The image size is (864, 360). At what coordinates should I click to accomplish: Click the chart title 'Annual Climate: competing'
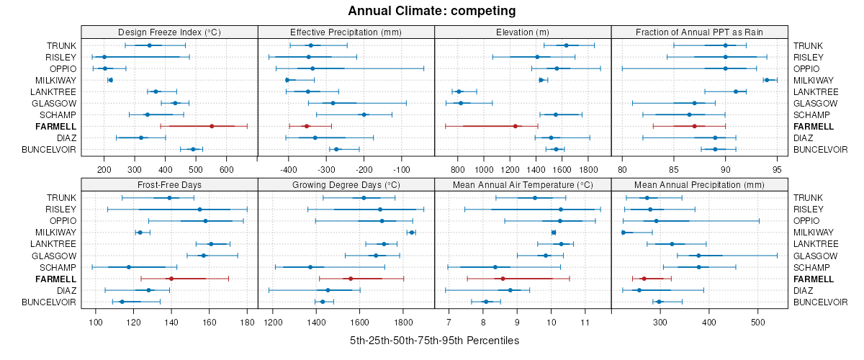pos(432,11)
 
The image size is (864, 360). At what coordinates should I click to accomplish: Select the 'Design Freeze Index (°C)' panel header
pos(169,32)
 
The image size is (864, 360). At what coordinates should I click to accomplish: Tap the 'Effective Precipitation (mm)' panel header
pos(346,32)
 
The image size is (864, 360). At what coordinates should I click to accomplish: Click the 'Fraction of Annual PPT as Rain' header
pos(699,32)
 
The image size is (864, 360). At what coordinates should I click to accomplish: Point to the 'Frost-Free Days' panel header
pos(169,184)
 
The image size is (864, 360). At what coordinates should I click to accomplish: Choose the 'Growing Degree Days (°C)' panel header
pos(346,184)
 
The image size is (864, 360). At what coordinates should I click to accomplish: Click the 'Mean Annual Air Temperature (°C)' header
pos(523,184)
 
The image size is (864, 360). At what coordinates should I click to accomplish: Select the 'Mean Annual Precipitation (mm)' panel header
pos(699,184)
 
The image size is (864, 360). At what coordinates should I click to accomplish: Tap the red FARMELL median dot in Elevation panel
pos(516,126)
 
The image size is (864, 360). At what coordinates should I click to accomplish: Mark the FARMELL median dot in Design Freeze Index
pos(212,126)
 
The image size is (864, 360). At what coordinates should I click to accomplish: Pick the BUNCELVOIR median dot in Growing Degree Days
pos(322,302)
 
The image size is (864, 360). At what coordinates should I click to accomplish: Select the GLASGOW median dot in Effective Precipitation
pos(333,103)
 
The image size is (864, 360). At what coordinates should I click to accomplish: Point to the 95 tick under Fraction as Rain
pos(777,169)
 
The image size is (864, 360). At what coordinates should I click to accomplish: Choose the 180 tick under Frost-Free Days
pos(247,322)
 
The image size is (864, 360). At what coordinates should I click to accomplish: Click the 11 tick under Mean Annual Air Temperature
pos(585,322)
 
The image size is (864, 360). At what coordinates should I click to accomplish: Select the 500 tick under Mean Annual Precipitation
pos(757,322)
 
